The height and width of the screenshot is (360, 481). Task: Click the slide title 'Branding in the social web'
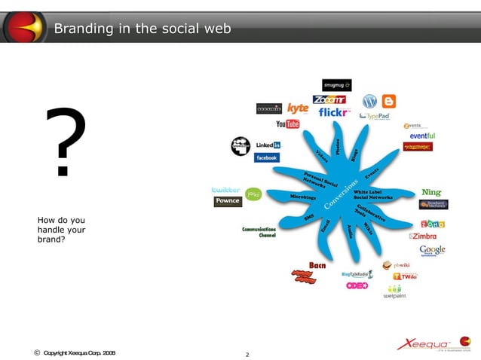(x=142, y=29)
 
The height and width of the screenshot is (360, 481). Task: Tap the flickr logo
(x=334, y=113)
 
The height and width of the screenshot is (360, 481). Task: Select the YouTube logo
(x=287, y=124)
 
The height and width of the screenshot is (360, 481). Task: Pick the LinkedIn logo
(x=268, y=145)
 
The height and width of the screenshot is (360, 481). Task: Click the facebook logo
(x=266, y=158)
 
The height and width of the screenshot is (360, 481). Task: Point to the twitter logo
(x=226, y=189)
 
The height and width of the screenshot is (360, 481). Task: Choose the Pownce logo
(x=228, y=201)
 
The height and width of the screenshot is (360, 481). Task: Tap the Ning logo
(x=431, y=193)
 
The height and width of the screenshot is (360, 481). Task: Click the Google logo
(x=433, y=250)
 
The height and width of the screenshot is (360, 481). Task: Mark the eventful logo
(x=422, y=136)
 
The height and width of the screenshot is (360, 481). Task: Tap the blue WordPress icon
(x=369, y=101)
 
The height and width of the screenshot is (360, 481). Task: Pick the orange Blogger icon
(x=389, y=101)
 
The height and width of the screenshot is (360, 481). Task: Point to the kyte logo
(x=298, y=108)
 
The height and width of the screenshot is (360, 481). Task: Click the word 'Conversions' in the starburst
(x=342, y=196)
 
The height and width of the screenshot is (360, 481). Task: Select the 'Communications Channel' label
(x=259, y=232)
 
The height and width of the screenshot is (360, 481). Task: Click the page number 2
(x=247, y=353)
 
